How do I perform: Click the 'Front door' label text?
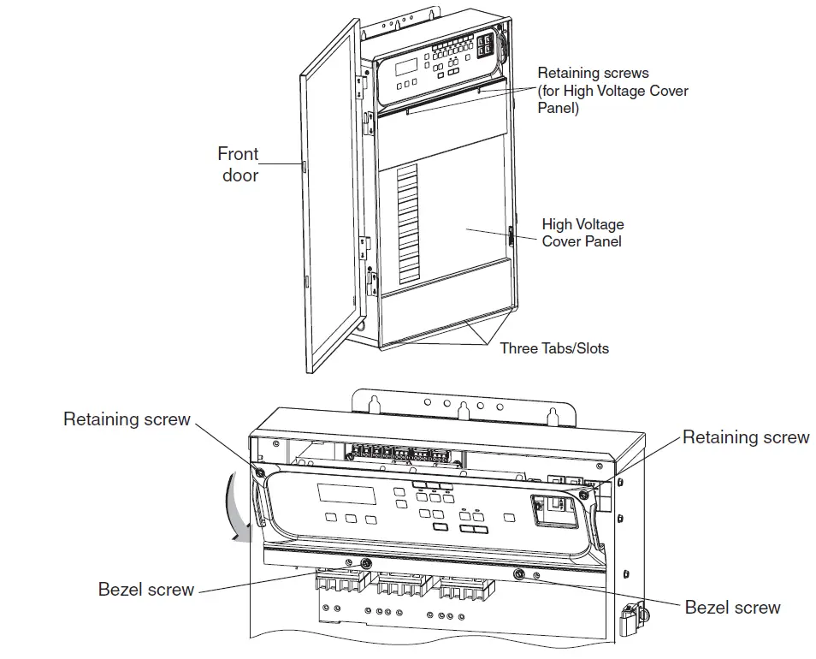tap(237, 164)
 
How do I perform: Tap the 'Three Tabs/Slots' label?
tap(554, 348)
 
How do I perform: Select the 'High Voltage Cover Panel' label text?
tap(582, 233)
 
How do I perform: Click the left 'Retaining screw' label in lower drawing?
tap(127, 419)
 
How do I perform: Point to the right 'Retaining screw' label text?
tap(745, 437)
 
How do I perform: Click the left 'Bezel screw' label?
tap(146, 590)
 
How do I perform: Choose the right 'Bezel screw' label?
tap(732, 608)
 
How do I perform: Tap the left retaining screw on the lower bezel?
tap(260, 472)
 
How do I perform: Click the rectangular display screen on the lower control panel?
tap(346, 494)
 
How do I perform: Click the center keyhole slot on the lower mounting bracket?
tap(463, 410)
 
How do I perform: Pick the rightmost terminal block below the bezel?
tap(462, 591)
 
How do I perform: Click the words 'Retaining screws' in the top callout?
tap(593, 74)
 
